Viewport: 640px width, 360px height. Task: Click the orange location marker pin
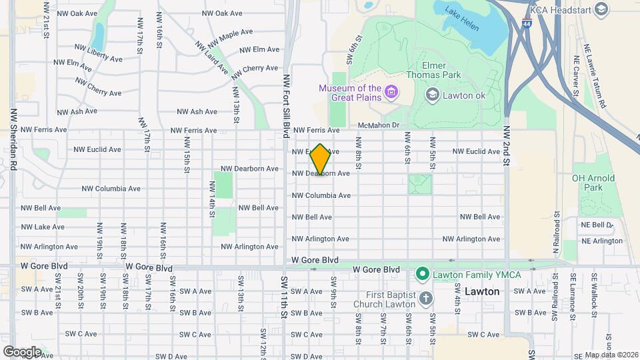click(321, 159)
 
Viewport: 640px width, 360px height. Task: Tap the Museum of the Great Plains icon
click(391, 91)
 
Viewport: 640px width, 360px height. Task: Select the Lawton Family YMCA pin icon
click(421, 273)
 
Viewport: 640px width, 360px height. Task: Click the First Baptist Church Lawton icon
click(426, 298)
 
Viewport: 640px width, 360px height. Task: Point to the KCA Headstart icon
click(602, 9)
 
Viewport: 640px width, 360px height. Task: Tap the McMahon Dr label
click(378, 125)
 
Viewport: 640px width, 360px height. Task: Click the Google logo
click(22, 351)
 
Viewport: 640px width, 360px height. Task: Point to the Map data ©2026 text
click(611, 355)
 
